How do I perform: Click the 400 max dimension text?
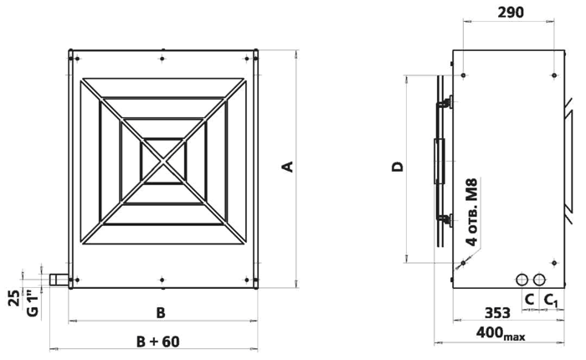[x=501, y=335]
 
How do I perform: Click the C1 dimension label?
[x=551, y=300]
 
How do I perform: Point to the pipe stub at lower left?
[x=57, y=280]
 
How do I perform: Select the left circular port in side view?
[x=522, y=279]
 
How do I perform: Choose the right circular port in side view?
[x=539, y=279]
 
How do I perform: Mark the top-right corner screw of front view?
[x=252, y=58]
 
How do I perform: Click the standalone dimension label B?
[x=162, y=313]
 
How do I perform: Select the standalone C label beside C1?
[x=529, y=300]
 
